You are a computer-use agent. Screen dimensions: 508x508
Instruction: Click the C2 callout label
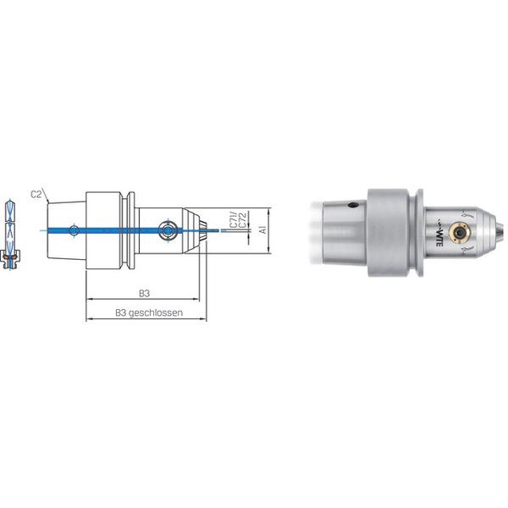coord(36,195)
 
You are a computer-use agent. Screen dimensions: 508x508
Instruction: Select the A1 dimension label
coord(263,229)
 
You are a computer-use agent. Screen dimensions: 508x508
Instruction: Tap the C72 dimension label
coord(243,220)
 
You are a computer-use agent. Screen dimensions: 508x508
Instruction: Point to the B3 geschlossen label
coord(149,313)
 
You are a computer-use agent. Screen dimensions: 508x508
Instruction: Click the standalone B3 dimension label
coord(144,294)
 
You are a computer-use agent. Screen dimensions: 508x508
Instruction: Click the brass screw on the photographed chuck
coord(458,232)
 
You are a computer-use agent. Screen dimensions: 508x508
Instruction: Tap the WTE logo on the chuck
coord(439,234)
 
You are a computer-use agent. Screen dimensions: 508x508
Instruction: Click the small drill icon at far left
coord(10,235)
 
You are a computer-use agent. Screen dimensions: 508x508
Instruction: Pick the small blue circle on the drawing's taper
coord(75,230)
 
